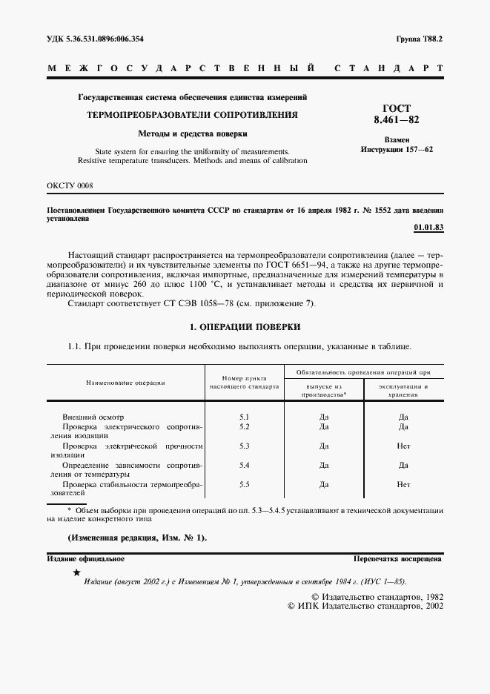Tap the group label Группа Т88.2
coord(418,38)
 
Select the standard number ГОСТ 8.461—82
coord(397,113)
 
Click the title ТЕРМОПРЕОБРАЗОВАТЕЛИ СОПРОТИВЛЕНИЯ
coord(193,116)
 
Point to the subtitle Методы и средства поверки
coord(193,134)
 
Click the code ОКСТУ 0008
coord(70,185)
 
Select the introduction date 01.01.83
coord(429,228)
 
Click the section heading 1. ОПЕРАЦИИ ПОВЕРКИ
coord(245,327)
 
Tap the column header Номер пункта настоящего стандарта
coord(245,382)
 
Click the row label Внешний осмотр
coord(93,417)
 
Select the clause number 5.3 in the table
coord(245,446)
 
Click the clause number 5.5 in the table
coord(245,484)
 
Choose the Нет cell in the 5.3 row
coord(403,446)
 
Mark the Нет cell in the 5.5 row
coord(403,484)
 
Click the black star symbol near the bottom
coord(76,572)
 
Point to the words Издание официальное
coord(86,559)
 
